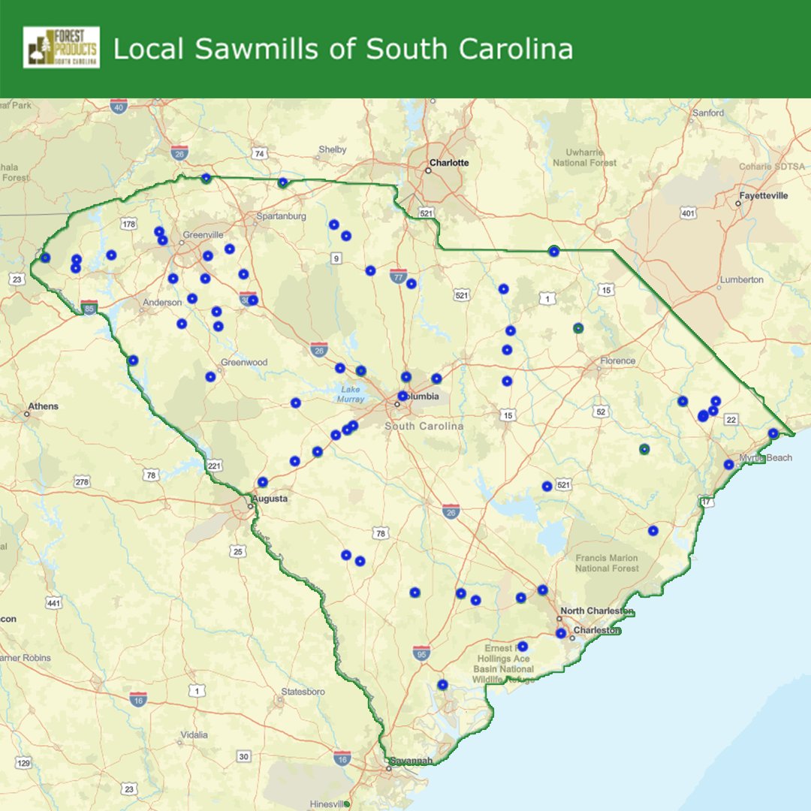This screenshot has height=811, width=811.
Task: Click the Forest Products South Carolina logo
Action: tap(62, 47)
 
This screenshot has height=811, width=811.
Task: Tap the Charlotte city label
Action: tap(448, 162)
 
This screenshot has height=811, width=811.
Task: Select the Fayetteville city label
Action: tap(764, 195)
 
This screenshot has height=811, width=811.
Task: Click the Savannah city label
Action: tap(411, 761)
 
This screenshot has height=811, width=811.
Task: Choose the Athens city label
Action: tap(43, 406)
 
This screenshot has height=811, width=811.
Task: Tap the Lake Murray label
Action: tap(351, 393)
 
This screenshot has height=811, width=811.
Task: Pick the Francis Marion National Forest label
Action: tap(607, 563)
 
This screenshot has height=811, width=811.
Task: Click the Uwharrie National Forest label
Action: tap(584, 158)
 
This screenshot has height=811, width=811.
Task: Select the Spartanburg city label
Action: tap(281, 216)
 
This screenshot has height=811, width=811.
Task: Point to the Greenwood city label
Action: tap(244, 362)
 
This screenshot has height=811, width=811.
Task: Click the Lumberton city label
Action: tap(741, 279)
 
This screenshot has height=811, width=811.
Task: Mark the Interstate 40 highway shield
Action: tap(118, 107)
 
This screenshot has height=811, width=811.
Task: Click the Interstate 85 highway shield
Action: tap(90, 307)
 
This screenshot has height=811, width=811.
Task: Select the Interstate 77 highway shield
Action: tap(398, 276)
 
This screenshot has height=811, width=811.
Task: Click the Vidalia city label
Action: tap(193, 735)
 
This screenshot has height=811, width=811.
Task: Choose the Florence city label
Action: tap(617, 360)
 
